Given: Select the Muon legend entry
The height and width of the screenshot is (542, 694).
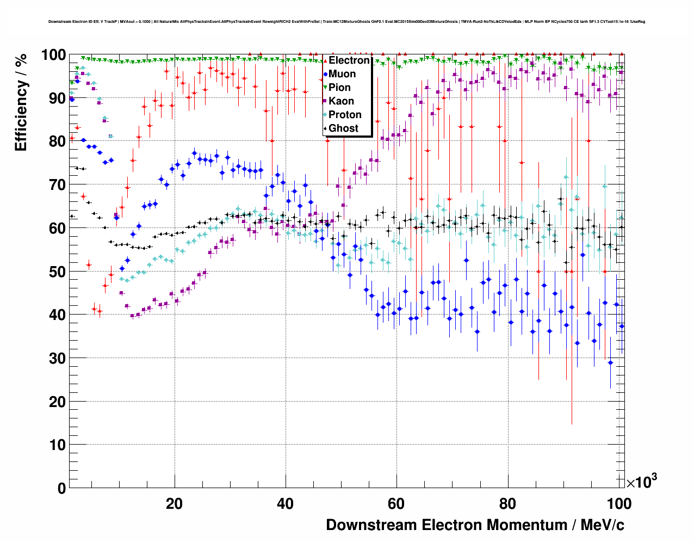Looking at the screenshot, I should (342, 74).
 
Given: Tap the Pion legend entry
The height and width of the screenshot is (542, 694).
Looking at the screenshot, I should (339, 88).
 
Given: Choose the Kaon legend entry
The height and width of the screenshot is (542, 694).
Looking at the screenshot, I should (341, 101).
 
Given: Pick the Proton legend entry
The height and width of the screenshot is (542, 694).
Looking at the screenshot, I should (345, 115).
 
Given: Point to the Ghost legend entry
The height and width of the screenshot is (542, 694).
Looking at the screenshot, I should (343, 128).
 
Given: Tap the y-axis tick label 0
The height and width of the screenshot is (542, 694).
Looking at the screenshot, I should (61, 488).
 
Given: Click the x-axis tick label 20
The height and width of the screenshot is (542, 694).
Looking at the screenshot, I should (174, 504).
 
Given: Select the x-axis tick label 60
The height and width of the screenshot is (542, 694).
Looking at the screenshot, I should (396, 504).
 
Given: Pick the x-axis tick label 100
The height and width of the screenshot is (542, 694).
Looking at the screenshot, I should (618, 504).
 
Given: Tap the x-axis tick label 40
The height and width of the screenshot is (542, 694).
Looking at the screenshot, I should (285, 504).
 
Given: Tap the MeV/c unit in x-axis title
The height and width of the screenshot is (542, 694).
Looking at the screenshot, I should (602, 525).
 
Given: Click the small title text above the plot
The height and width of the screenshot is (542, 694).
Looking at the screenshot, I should (346, 22).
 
